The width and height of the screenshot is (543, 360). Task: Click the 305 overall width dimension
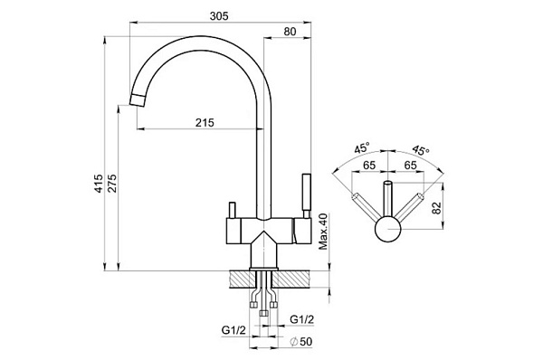point(219,16)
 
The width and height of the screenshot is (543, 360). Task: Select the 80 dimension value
point(290,32)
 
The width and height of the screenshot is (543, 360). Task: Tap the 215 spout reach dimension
point(205,122)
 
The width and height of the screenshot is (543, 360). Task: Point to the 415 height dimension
point(99,184)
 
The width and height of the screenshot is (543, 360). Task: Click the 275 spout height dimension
point(113,184)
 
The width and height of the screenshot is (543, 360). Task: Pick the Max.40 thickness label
point(323,232)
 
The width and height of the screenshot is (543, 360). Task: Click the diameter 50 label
point(301,342)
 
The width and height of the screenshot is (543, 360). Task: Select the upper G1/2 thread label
point(302,319)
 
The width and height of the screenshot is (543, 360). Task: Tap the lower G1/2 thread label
point(233,330)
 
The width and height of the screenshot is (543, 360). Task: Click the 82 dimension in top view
point(437,207)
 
